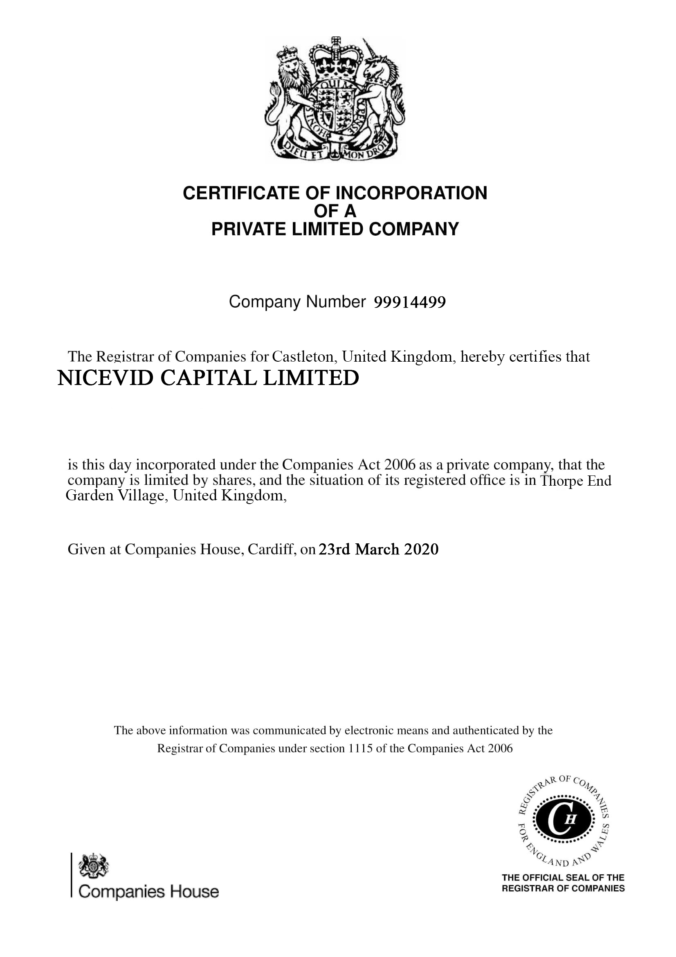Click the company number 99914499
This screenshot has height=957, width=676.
(x=410, y=302)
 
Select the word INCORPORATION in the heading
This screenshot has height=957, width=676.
(x=411, y=193)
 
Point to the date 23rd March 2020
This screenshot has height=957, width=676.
(x=378, y=549)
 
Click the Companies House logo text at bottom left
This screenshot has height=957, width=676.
(x=149, y=892)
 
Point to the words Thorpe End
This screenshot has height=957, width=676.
(x=575, y=481)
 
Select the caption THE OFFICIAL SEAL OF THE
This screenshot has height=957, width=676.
(x=563, y=877)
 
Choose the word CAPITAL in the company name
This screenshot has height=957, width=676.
(x=207, y=378)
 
